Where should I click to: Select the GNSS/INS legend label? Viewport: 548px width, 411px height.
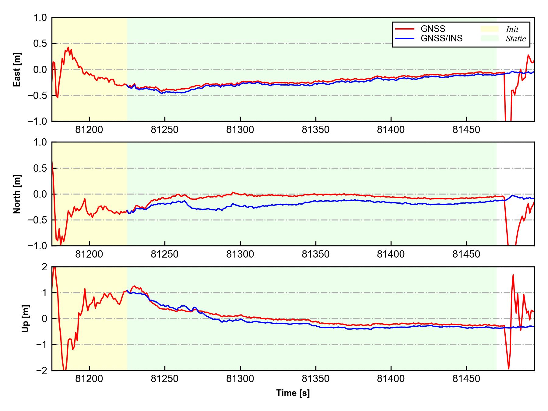point(441,38)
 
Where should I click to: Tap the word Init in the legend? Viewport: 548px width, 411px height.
point(512,29)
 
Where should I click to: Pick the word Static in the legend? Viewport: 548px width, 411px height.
point(516,39)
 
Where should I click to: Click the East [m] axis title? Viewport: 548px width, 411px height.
point(17,69)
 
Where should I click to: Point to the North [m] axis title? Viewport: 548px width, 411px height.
point(17,194)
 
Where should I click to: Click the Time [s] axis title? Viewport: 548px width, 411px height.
point(293,393)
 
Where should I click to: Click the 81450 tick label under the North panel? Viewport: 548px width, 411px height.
point(466,255)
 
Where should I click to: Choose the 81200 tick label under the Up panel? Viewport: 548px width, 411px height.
point(89,379)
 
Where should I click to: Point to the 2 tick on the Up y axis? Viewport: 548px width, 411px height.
point(44,267)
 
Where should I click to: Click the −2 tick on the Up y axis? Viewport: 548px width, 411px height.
point(42,371)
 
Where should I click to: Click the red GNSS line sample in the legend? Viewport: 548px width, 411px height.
point(405,29)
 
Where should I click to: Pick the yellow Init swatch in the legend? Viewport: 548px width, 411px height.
point(490,29)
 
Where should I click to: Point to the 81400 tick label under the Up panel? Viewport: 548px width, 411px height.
point(391,379)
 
